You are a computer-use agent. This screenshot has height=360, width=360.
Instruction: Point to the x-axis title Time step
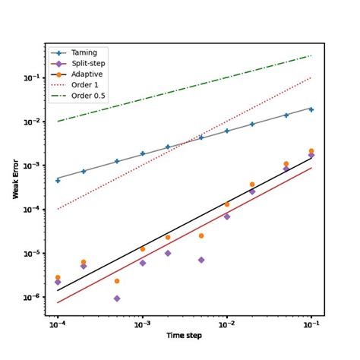click(x=185, y=336)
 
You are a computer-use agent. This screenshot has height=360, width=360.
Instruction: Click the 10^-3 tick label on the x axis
click(x=142, y=324)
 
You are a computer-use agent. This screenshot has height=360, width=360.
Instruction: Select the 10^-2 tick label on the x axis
click(x=226, y=324)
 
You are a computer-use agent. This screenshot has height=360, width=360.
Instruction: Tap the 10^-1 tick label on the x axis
click(x=311, y=324)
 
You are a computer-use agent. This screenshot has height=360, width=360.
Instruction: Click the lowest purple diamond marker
click(x=117, y=298)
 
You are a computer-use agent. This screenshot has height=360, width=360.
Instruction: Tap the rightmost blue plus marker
click(x=311, y=109)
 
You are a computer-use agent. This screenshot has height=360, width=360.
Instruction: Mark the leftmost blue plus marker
click(x=58, y=180)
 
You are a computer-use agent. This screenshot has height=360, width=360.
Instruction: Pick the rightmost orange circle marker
click(x=311, y=151)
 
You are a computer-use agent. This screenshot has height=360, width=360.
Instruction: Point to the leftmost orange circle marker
click(x=58, y=278)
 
